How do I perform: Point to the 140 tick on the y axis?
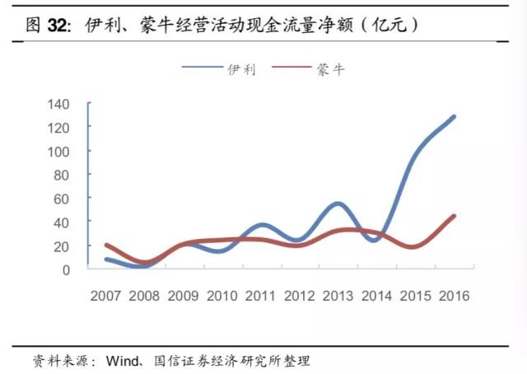pos(71,104)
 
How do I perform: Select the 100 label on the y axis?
pos(71,151)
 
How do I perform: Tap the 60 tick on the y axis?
pos(74,199)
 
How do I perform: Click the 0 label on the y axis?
pos(78,269)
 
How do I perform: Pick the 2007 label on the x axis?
pos(107,294)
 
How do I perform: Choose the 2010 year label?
pos(223,294)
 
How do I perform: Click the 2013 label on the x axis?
pos(339,294)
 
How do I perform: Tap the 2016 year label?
pos(455,294)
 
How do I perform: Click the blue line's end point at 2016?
pos(454,117)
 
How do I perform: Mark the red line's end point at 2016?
pos(454,216)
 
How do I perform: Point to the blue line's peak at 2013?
pos(338,203)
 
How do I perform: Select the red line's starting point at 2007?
pos(107,245)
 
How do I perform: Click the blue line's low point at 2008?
pos(144,266)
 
